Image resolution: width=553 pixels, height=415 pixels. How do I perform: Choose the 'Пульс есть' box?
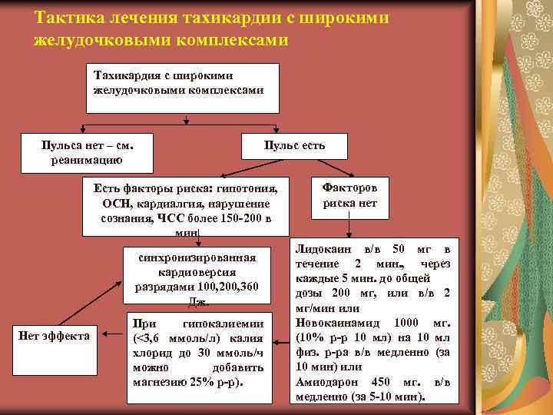tap(294, 146)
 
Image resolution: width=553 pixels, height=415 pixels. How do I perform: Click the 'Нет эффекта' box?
tap(53, 335)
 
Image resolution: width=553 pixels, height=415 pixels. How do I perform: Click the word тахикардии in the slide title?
tap(223, 18)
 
